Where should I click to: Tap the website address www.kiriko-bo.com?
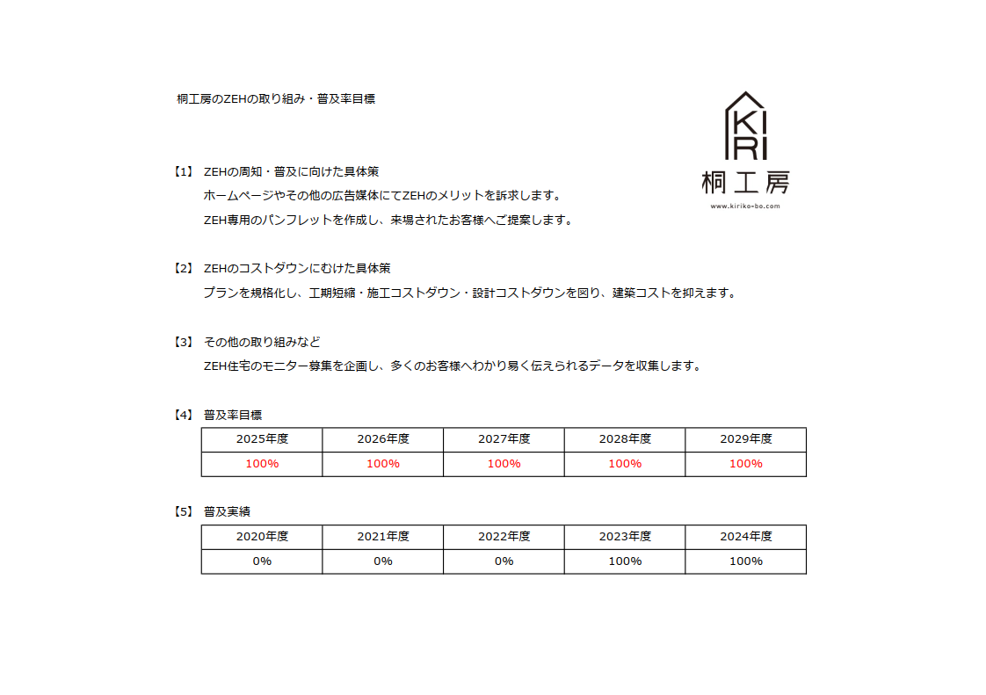[745, 206]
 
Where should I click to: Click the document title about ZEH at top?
[276, 99]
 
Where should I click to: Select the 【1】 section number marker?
[183, 171]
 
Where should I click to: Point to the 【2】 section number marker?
[183, 268]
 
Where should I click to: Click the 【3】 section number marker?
[183, 341]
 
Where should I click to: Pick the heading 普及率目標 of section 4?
[233, 415]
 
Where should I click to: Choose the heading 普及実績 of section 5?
[227, 511]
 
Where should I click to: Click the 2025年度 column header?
[262, 439]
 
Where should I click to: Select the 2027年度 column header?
[504, 439]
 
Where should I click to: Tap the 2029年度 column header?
[745, 439]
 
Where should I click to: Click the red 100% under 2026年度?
[383, 464]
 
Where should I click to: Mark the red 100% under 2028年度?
[625, 464]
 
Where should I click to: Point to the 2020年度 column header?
[262, 536]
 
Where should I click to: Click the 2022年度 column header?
[504, 536]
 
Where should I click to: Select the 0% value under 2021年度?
[383, 561]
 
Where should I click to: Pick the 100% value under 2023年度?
[625, 561]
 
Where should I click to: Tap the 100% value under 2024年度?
[745, 561]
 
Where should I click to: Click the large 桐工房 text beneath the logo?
[745, 182]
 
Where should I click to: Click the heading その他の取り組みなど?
[262, 341]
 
